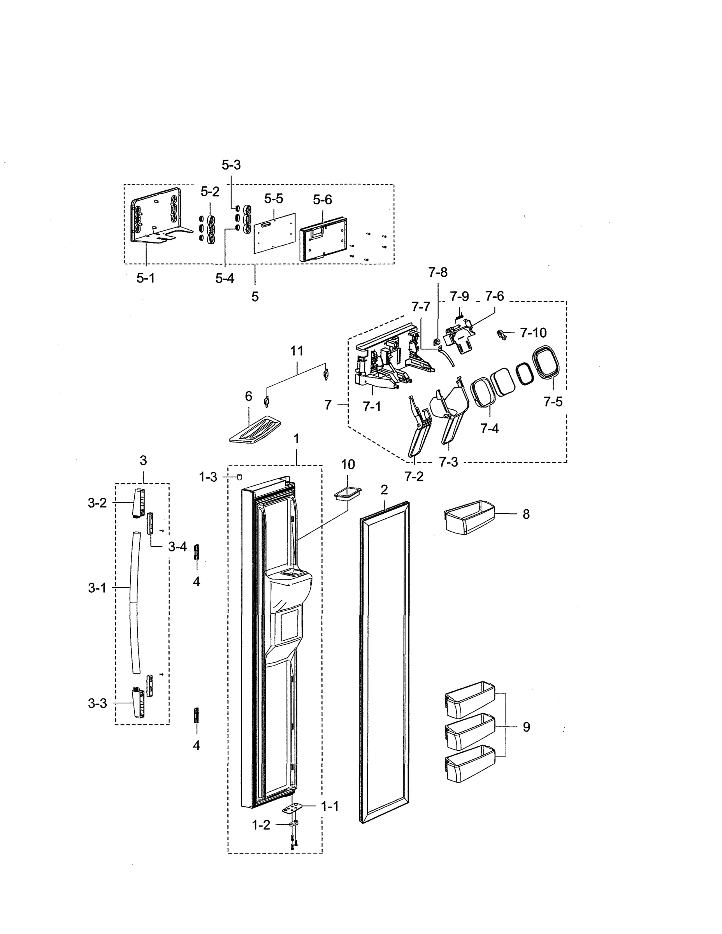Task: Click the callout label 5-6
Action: (x=322, y=199)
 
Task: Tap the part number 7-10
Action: (x=533, y=333)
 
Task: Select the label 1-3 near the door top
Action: (x=208, y=477)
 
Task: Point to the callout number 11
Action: (x=297, y=351)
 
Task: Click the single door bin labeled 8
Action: (x=468, y=518)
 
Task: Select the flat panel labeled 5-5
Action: (x=275, y=233)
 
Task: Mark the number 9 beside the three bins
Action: (x=526, y=727)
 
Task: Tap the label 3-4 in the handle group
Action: (x=177, y=546)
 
